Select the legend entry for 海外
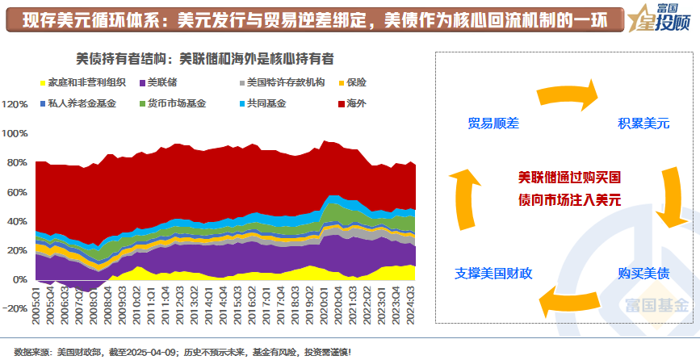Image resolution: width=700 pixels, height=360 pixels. [355, 103]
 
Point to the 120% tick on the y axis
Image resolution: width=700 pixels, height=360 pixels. [15, 104]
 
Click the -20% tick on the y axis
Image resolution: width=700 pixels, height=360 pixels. [15, 308]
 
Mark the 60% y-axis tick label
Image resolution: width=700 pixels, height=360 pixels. [17, 192]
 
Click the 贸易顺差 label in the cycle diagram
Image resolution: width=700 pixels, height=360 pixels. [493, 123]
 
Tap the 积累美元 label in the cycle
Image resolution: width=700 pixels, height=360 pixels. [643, 123]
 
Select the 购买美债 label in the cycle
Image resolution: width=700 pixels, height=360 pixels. [643, 273]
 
